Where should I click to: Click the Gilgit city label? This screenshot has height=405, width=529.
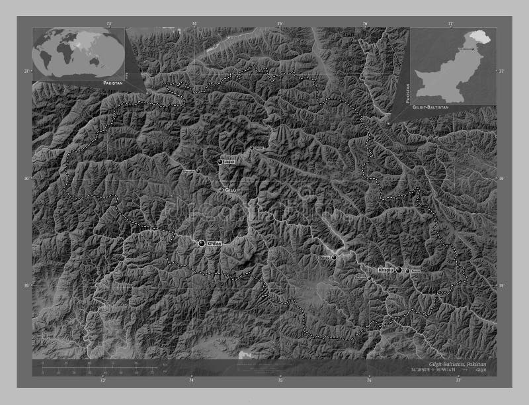tap(233, 190)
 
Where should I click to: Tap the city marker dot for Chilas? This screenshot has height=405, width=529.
tap(202, 244)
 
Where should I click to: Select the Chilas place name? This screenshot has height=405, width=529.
tap(214, 244)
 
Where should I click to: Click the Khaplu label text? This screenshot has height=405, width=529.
tap(385, 270)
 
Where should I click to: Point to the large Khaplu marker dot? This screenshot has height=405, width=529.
tap(399, 269)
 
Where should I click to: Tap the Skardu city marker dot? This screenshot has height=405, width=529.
tap(334, 257)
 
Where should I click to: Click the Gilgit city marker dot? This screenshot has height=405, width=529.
tap(220, 161)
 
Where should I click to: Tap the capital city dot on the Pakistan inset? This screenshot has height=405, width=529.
tap(472, 50)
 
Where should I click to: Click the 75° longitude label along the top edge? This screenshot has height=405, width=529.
tap(280, 23)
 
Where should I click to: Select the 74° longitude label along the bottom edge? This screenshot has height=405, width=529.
tap(192, 381)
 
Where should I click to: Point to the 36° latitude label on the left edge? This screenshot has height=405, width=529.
tap(27, 179)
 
